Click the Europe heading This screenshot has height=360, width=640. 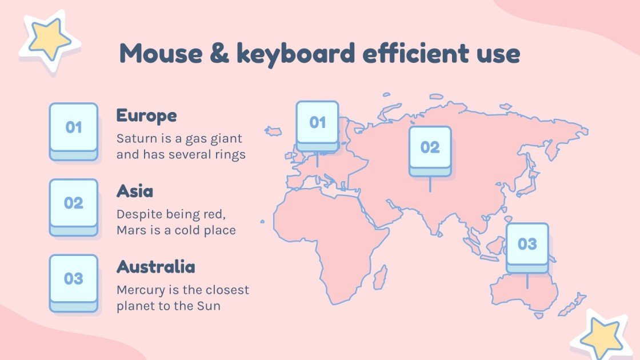pyautogui.click(x=146, y=115)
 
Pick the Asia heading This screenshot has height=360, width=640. pyautogui.click(x=135, y=191)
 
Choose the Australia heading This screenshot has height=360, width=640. pyautogui.click(x=155, y=266)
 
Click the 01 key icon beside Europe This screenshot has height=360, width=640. pyautogui.click(x=74, y=130)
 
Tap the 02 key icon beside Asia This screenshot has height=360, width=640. pyautogui.click(x=74, y=206)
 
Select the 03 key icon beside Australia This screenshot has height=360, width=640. pyautogui.click(x=74, y=282)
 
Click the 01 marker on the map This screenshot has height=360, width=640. pyautogui.click(x=317, y=125)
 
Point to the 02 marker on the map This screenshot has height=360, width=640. pyautogui.click(x=430, y=150)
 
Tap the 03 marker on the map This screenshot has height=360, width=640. pyautogui.click(x=527, y=246)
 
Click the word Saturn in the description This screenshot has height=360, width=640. pyautogui.click(x=134, y=139)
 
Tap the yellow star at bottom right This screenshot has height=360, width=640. pyautogui.click(x=600, y=336)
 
